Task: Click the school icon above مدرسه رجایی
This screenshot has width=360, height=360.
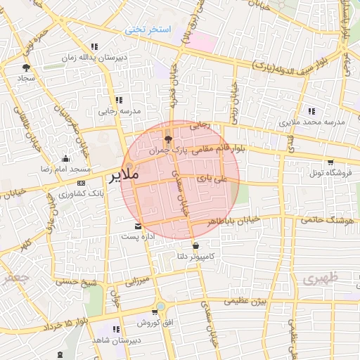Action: pos(119,100)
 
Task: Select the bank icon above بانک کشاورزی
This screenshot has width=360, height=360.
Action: pos(82,183)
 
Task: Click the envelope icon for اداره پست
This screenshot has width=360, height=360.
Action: pos(138,226)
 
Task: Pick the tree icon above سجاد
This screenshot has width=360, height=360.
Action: pos(27,67)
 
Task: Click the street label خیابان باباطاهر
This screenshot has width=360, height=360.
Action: pos(234,220)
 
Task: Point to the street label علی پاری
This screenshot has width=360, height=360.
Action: pos(212,179)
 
